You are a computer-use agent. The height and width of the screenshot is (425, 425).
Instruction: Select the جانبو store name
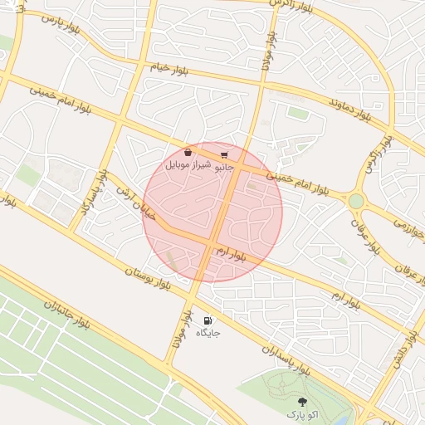tap(224, 167)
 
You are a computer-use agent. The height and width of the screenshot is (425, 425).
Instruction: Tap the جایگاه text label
tap(208, 333)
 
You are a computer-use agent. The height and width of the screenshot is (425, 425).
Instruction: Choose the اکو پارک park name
tap(301, 413)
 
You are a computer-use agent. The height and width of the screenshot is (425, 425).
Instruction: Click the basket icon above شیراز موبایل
tap(188, 153)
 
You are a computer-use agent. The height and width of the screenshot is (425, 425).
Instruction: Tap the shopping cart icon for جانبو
tap(224, 154)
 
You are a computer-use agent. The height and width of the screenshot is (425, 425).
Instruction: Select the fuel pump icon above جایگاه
tap(208, 320)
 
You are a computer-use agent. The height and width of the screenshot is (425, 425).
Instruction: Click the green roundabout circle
tap(356, 201)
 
